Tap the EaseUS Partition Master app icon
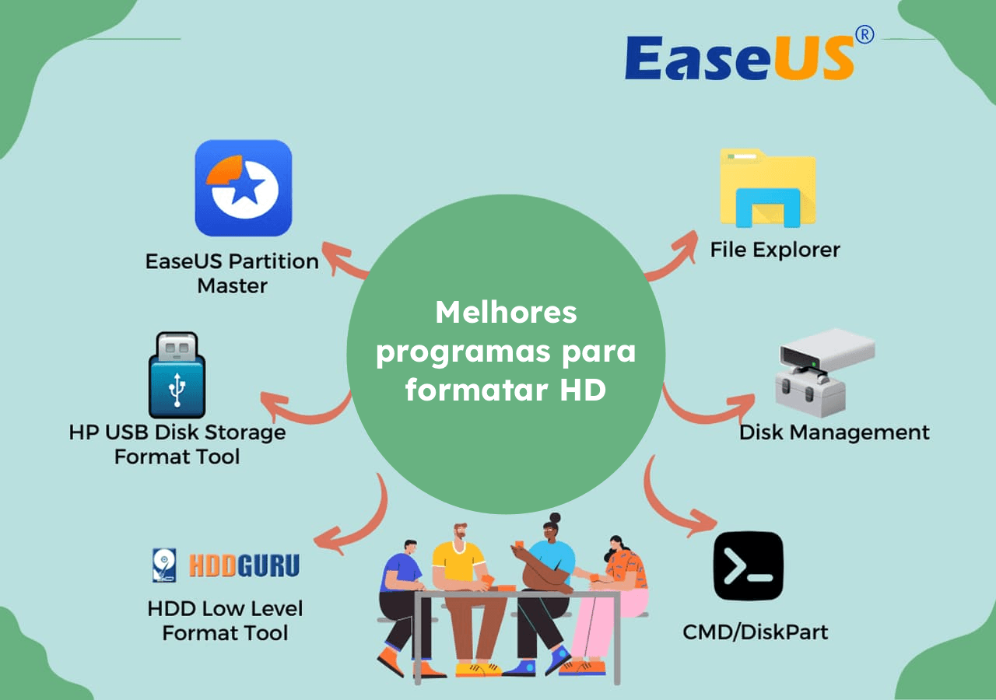[243, 188]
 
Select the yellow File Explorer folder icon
[767, 188]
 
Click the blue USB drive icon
[177, 376]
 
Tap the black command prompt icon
[748, 566]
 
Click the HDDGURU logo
[226, 565]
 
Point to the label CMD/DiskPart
[755, 632]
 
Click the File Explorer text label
[775, 250]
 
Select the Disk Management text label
[833, 432]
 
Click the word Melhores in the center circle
[506, 313]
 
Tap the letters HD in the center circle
[582, 390]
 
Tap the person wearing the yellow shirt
[459, 591]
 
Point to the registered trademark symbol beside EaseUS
[864, 35]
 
